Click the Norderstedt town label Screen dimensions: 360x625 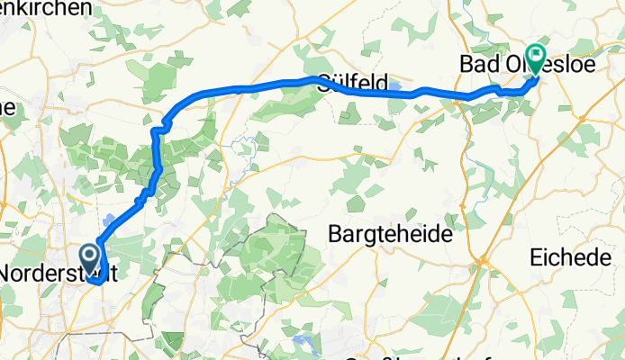point(56,272)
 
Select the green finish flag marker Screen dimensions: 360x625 point(535,58)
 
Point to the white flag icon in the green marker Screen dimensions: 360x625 point(535,55)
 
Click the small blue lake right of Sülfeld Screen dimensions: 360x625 point(395,87)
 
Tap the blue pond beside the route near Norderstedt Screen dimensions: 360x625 point(109,220)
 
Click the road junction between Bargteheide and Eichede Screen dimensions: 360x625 point(483,258)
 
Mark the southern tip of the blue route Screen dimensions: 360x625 point(94,290)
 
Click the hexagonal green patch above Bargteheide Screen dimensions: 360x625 point(357,203)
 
